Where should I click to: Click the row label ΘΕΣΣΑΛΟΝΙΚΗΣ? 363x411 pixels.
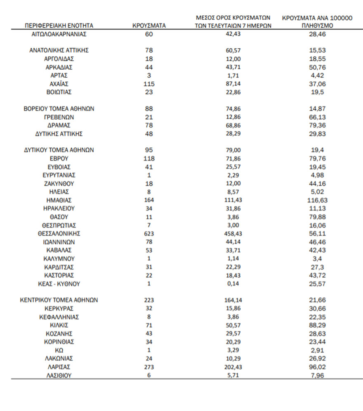59,234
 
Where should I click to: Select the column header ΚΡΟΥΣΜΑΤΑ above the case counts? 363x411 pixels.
149,26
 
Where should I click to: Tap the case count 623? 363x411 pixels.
149,234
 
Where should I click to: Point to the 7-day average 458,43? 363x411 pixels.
233,234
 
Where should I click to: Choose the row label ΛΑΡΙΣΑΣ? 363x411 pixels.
59,366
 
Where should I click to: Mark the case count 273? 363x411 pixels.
149,366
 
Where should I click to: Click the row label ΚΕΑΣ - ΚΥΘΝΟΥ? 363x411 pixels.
59,283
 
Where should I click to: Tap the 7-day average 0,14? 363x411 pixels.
233,283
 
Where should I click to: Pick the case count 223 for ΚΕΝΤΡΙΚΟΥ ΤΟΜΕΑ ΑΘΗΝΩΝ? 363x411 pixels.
149,300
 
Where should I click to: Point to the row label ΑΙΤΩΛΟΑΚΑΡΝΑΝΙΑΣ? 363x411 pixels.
59,34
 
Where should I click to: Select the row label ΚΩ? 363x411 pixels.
59,350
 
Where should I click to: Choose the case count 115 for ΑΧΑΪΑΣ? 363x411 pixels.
149,84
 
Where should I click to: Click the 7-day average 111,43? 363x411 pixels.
233,200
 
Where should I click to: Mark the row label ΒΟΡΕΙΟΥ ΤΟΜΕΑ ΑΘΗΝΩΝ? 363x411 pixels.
59,109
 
